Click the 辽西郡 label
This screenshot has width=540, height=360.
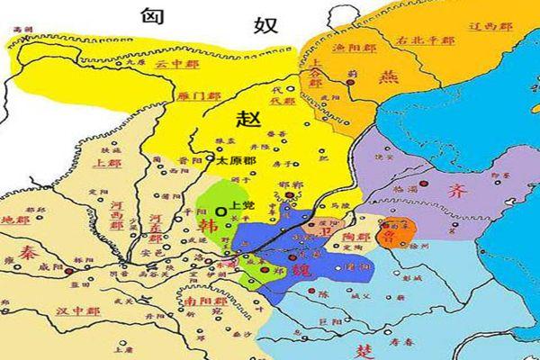tap(490, 26)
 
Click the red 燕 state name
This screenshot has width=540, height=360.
tap(390, 78)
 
